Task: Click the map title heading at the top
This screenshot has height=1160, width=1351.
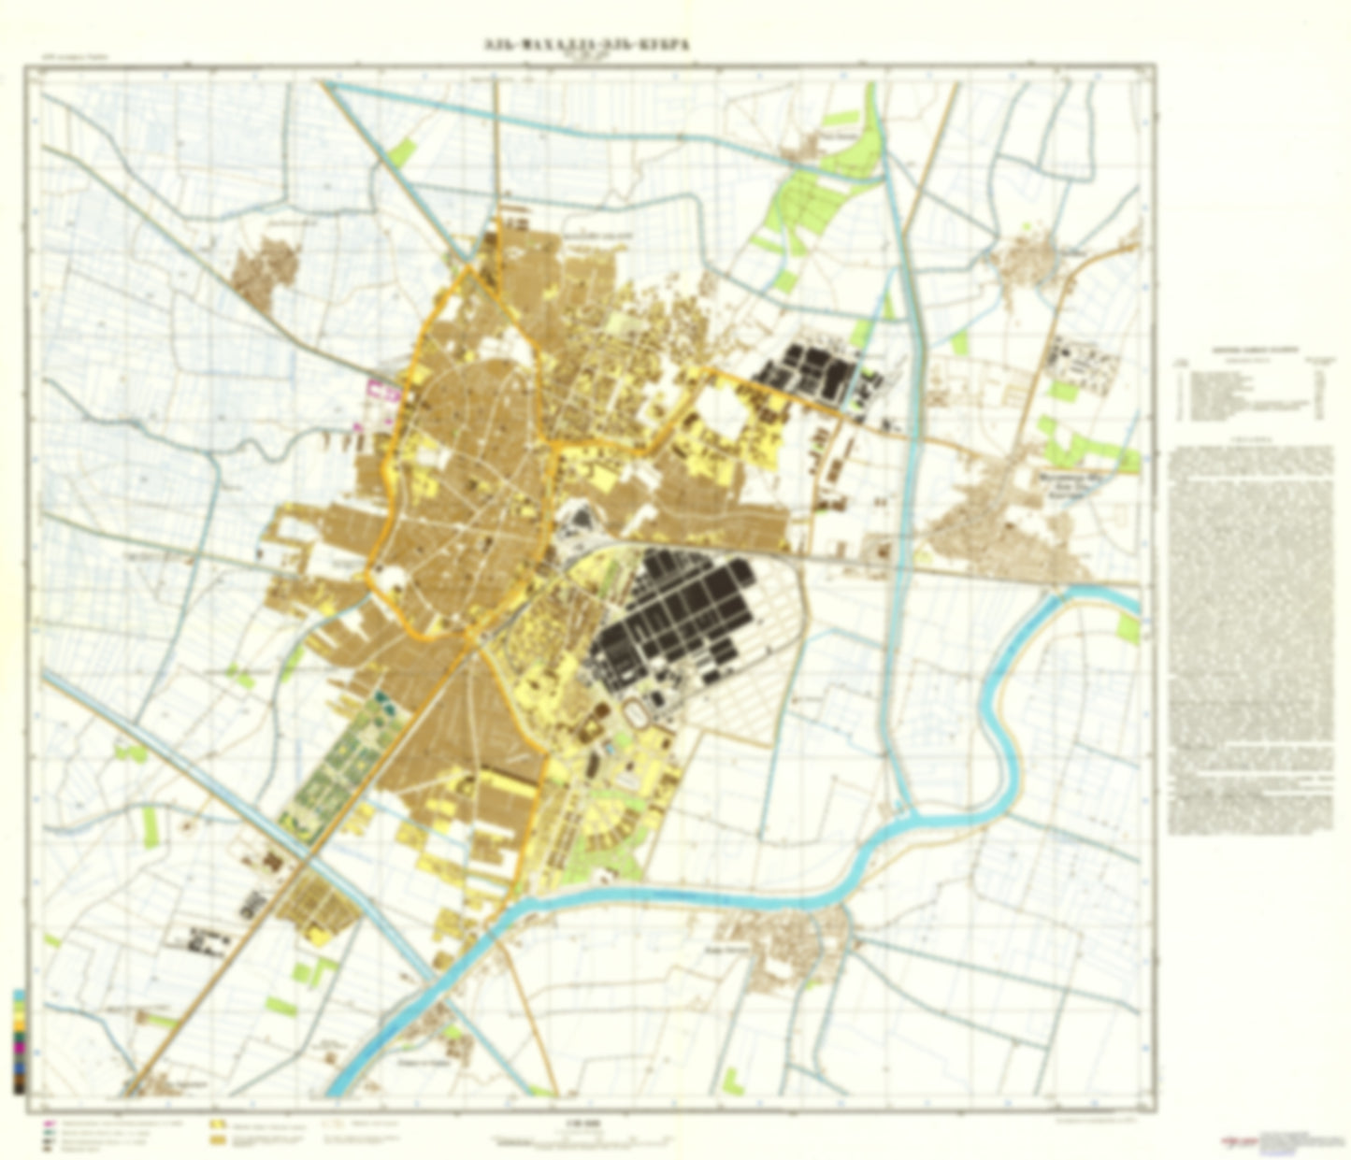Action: (586, 44)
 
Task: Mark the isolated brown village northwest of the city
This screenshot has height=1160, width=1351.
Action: (266, 268)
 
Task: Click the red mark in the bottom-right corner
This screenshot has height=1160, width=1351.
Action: (1237, 1142)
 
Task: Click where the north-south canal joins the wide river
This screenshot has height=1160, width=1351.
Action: (902, 819)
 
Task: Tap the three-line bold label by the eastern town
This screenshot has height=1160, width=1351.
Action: (1066, 486)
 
